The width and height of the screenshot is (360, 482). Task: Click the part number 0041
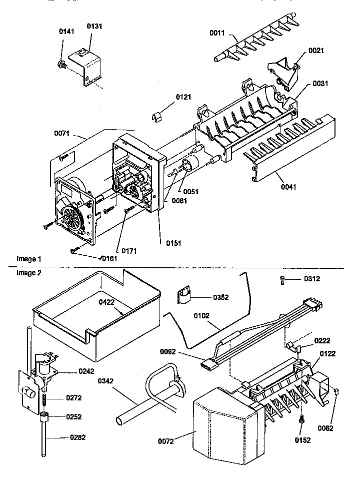click(x=275, y=188)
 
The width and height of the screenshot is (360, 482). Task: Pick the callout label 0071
click(x=63, y=134)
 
